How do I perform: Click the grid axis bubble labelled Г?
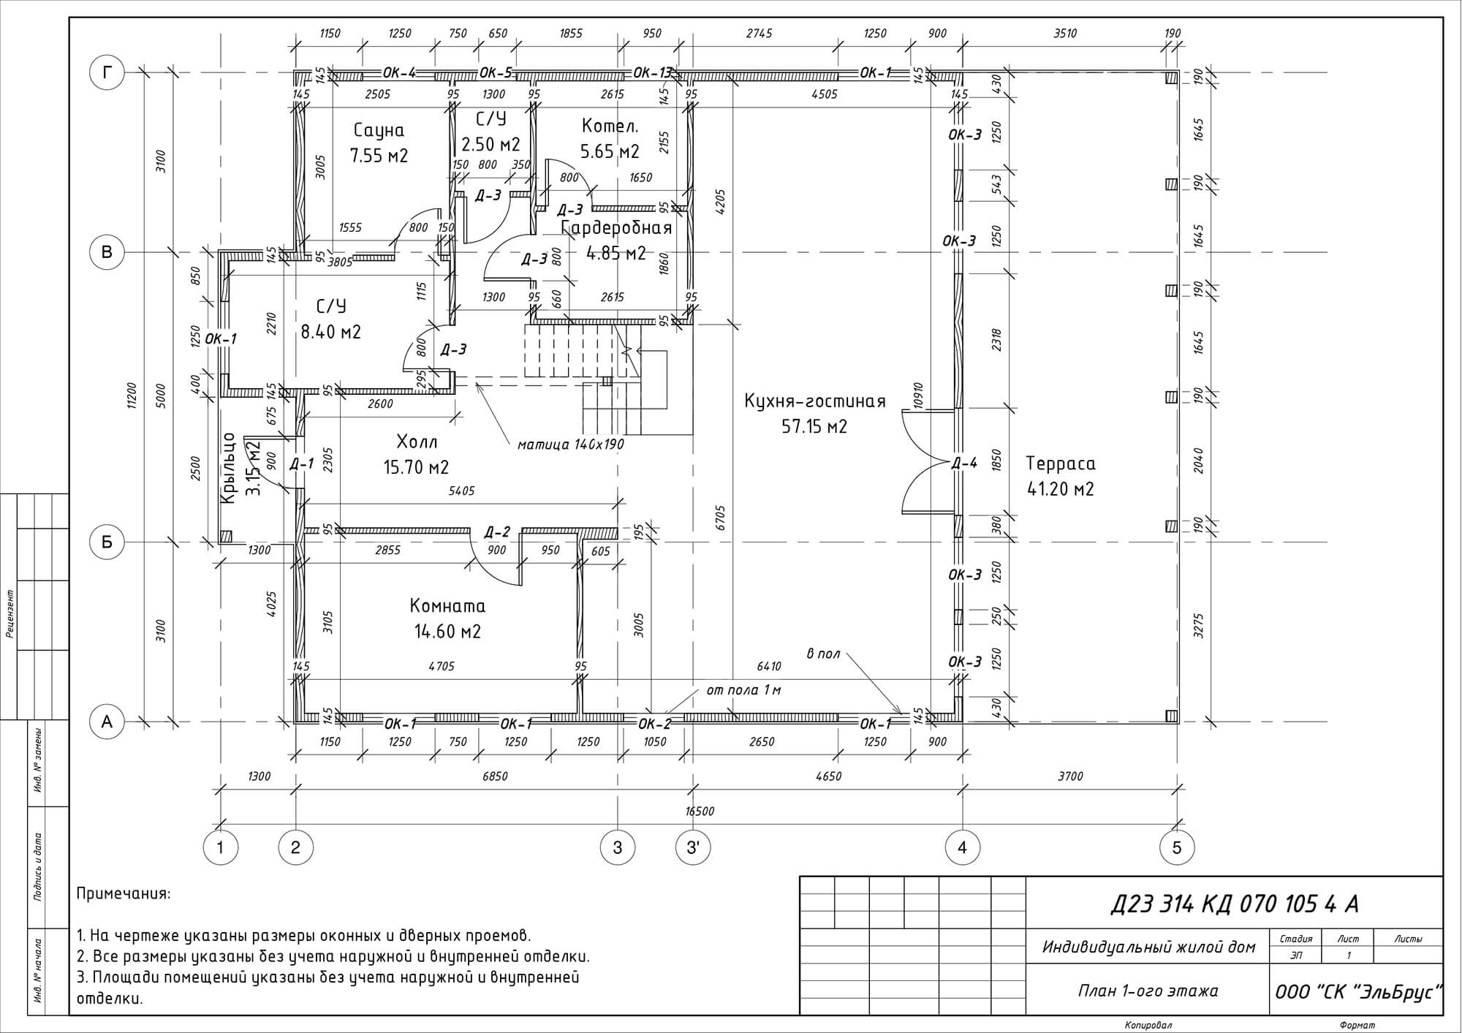coord(107,72)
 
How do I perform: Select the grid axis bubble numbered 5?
coord(1177,848)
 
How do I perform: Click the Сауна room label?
coord(379,130)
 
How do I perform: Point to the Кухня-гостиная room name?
coord(815,401)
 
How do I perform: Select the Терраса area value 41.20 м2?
coord(1061,489)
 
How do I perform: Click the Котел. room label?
coord(610,126)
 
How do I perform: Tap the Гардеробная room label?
coord(616,228)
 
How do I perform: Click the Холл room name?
coord(417,442)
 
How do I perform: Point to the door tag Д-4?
coord(964,463)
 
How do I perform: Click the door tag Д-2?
coord(497,532)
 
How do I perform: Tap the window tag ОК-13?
coord(652,72)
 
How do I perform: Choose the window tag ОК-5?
coord(496,72)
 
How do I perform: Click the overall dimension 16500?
coord(700,811)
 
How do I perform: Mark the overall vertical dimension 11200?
coord(132,397)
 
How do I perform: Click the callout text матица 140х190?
coord(571,444)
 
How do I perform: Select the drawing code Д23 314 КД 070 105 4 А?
coord(1235,904)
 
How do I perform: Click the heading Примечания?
coord(124,893)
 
